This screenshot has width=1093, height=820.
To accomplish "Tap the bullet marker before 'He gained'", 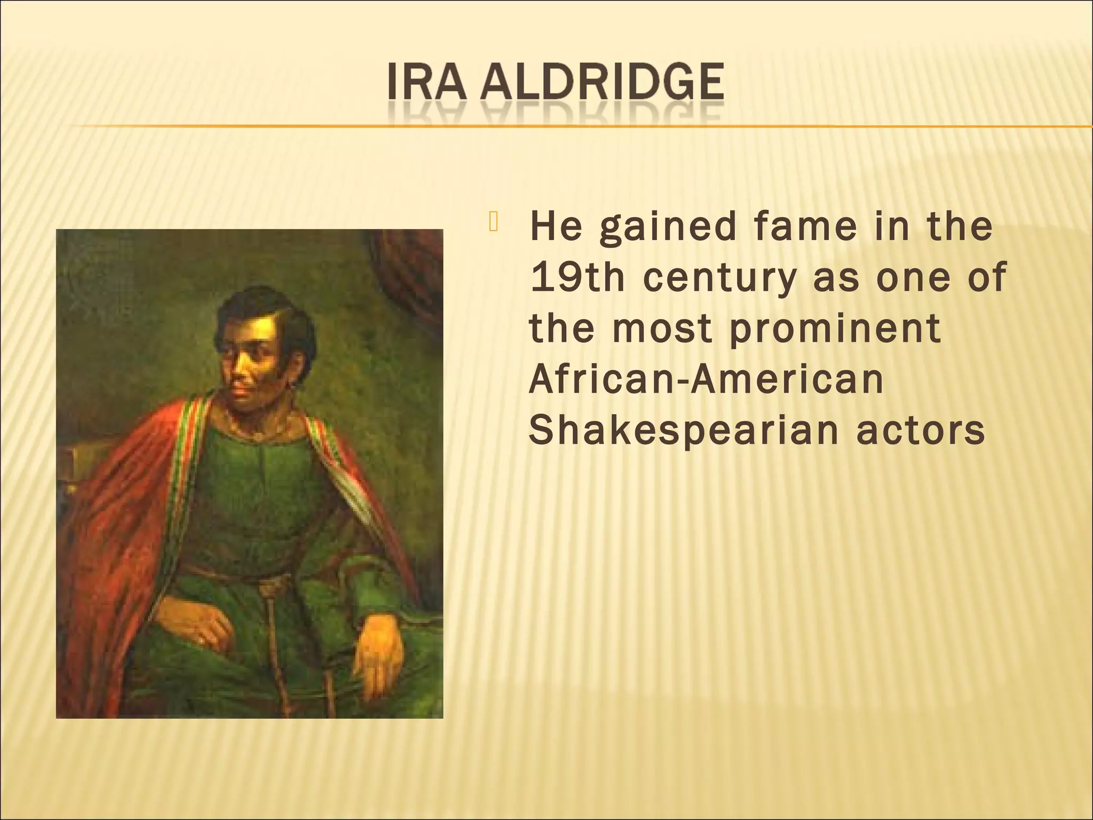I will click(492, 223).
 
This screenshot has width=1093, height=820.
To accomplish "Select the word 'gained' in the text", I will click(667, 228).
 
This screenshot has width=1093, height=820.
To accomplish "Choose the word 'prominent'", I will click(835, 329).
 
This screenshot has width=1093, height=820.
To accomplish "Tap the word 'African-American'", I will click(706, 380).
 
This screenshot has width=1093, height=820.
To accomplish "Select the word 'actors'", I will click(921, 431).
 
